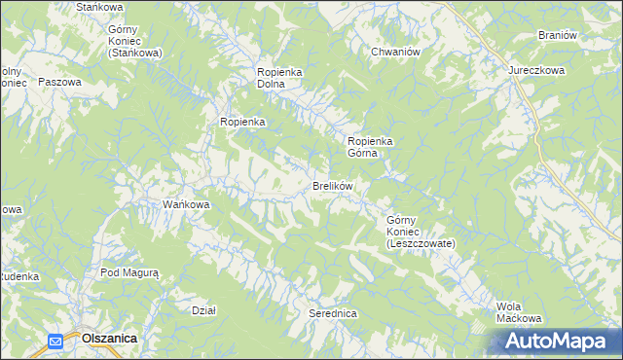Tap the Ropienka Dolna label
[x=282, y=78]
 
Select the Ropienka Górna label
[x=370, y=147]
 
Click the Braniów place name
[x=558, y=35]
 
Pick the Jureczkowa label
[x=535, y=72]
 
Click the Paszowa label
[x=59, y=83]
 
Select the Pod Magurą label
[x=129, y=273]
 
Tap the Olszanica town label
[x=109, y=339]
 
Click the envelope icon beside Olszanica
[x=55, y=341]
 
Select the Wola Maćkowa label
[x=518, y=312]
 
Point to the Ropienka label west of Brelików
[x=242, y=122]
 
